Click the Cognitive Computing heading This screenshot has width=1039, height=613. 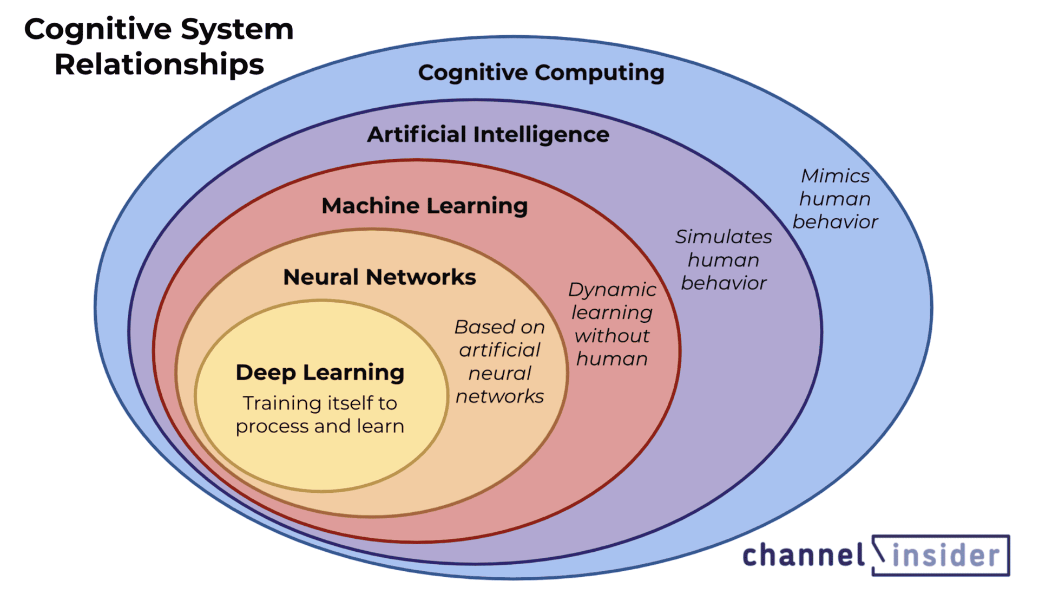[x=541, y=73]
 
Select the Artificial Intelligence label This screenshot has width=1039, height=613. [x=488, y=134]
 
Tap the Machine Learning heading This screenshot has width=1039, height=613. [x=424, y=206]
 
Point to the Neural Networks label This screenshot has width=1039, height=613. [x=379, y=277]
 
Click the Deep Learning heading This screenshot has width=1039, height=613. [x=320, y=373]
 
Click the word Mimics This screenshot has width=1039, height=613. [x=835, y=176]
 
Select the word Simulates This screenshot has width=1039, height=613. [x=724, y=237]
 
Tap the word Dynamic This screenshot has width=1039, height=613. [x=612, y=290]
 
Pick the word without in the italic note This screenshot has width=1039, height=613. [x=612, y=336]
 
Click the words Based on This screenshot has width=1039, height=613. [x=499, y=327]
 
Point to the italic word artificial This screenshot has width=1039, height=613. [x=499, y=350]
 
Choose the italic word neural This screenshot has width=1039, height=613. [x=499, y=374]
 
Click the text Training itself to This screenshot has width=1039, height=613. [x=320, y=403]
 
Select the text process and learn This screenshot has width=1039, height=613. [x=320, y=427]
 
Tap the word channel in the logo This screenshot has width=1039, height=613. [x=804, y=556]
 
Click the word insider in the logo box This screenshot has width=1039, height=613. [x=945, y=556]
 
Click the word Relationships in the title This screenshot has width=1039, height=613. [x=159, y=64]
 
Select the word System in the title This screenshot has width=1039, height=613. [x=237, y=29]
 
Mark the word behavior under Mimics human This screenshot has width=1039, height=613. [x=835, y=222]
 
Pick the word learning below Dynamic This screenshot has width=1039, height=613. [x=612, y=313]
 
